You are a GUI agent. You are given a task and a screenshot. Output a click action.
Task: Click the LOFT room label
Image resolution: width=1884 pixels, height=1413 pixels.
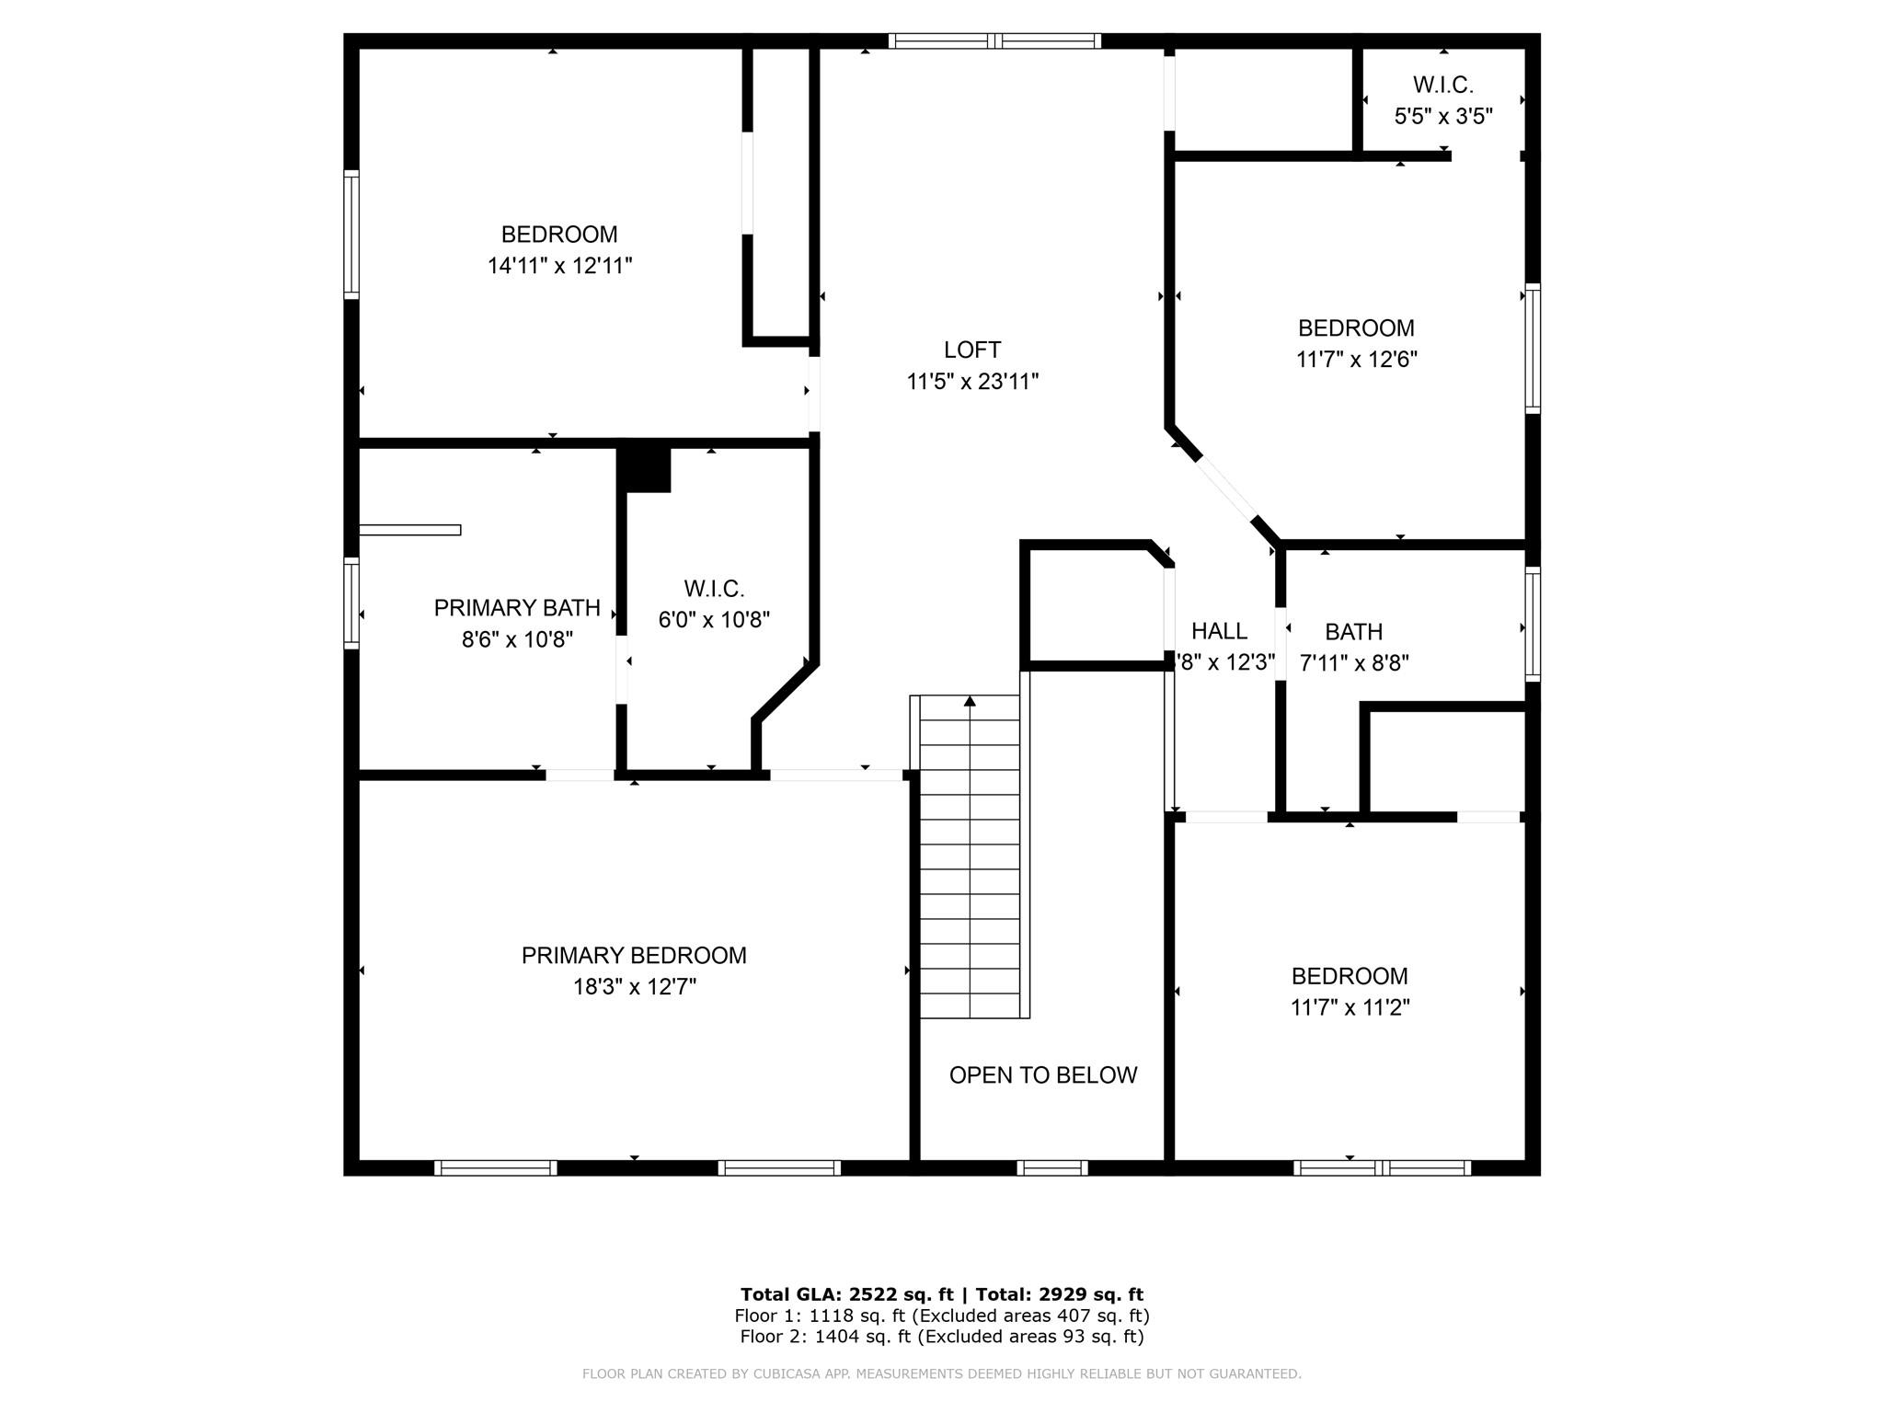point(971,350)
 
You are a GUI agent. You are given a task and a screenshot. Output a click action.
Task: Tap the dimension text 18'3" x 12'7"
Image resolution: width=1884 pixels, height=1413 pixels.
point(634,987)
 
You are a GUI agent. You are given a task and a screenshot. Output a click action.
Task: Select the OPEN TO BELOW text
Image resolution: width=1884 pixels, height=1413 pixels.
point(1042,1074)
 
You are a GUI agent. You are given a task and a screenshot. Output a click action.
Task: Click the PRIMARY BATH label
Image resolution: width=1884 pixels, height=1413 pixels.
point(516,608)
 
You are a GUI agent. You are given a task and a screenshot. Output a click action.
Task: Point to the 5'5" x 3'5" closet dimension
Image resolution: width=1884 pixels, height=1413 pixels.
point(1442,117)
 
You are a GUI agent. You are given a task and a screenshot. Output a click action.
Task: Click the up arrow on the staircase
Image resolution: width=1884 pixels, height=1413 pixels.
point(970,701)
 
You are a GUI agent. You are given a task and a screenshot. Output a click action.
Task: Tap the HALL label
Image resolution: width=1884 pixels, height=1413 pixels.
point(1219,631)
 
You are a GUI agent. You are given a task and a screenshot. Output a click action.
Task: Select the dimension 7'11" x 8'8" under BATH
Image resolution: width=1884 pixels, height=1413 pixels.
point(1353,663)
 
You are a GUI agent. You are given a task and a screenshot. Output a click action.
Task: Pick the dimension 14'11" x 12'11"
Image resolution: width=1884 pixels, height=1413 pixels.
point(559,266)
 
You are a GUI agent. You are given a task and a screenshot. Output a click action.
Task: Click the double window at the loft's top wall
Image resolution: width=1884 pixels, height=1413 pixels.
point(994,40)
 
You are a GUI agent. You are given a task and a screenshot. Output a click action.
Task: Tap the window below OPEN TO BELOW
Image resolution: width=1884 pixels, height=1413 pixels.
point(1052,1167)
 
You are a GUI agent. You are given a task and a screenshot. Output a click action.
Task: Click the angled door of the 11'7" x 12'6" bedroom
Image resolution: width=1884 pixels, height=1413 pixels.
point(1226,488)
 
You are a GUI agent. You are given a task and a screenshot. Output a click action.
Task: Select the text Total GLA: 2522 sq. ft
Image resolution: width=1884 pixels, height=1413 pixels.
point(846,1294)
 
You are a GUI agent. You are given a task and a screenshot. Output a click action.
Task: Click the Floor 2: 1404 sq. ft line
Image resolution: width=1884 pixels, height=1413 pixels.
point(941,1337)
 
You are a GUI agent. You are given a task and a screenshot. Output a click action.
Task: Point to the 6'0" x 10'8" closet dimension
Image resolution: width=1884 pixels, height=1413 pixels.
point(713,620)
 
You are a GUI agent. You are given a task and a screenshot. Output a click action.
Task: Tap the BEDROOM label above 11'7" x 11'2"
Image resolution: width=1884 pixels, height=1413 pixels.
point(1349,976)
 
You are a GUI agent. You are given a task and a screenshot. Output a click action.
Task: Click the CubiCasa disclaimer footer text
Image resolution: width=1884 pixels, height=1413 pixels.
point(941,1373)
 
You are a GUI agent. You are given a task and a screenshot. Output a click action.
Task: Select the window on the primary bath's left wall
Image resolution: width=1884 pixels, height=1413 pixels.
point(350,602)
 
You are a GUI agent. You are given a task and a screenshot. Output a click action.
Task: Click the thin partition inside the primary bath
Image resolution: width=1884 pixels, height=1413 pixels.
point(409,530)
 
